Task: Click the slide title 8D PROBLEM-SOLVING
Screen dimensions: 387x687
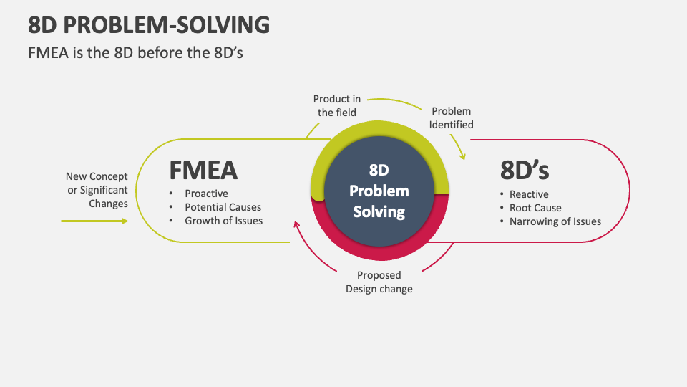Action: pos(149,24)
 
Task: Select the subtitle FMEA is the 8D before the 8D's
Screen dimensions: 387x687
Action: pos(136,52)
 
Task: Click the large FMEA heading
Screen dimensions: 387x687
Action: pos(203,171)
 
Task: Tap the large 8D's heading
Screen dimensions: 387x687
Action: pos(525,171)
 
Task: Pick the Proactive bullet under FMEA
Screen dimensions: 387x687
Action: pos(206,194)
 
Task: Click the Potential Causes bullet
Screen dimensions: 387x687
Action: pos(223,208)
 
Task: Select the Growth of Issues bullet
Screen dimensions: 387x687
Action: pos(223,221)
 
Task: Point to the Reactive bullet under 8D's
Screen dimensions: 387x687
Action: pos(529,194)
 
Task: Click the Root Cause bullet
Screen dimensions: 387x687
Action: pos(535,208)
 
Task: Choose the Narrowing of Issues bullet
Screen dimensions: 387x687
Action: pos(555,221)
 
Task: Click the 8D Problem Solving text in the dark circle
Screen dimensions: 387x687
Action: pos(379,191)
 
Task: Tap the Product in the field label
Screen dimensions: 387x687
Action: pos(336,105)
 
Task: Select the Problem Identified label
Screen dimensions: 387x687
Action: pos(452,118)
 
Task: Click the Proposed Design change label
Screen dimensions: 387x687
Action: pos(379,282)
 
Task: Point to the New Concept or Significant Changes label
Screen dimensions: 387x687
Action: pos(97,190)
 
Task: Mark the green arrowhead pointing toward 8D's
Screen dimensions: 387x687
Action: pos(463,156)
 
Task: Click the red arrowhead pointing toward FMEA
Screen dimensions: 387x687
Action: pos(296,226)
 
